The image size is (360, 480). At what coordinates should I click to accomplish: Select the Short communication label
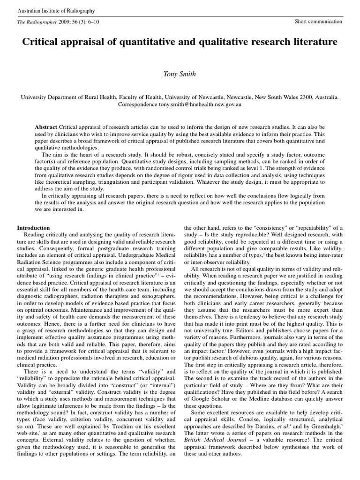pos(318,22)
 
